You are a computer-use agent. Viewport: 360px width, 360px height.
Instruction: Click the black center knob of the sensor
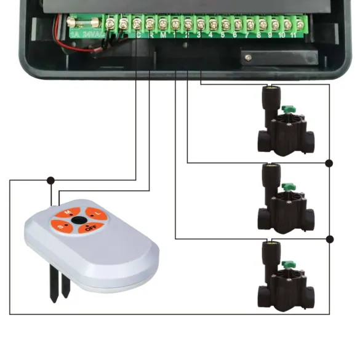pos(79,220)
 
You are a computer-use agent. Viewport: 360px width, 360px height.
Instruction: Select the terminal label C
pos(138,35)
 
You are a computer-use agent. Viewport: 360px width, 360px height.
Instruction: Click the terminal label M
pos(162,35)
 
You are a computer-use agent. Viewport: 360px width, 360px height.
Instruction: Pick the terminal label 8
pos(261,35)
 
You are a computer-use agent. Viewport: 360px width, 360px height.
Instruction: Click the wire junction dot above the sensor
pos(51,180)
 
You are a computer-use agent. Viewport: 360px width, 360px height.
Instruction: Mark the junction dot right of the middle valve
pos(329,163)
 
